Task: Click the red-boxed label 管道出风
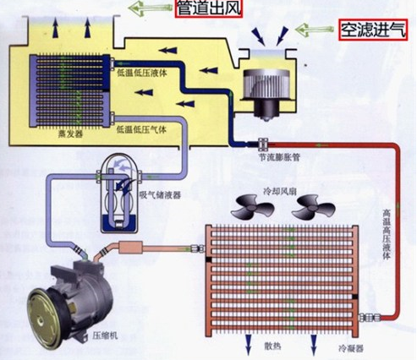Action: coord(209,8)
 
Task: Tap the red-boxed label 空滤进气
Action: coord(374,30)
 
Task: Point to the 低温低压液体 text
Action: coord(142,73)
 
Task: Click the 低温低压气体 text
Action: coord(141,130)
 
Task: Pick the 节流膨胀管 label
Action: coord(280,157)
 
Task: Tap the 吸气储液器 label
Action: coord(160,195)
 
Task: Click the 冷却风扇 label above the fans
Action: coord(279,192)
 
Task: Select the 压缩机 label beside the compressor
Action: coord(105,335)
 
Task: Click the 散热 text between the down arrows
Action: coord(272,346)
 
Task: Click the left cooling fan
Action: coord(252,209)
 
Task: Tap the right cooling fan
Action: coord(313,209)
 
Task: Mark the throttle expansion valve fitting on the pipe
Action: coord(263,145)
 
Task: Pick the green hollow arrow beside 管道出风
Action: coord(151,8)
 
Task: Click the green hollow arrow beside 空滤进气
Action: coord(315,29)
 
